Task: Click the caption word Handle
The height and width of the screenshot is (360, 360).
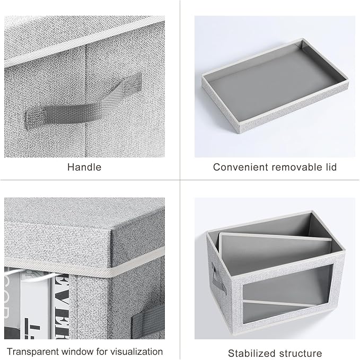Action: click(84, 167)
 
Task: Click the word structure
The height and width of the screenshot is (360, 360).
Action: click(301, 353)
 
